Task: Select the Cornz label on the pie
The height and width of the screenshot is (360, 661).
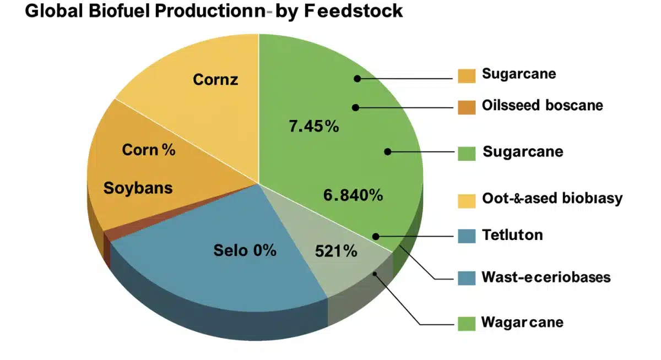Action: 215,80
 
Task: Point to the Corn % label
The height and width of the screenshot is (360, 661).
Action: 148,150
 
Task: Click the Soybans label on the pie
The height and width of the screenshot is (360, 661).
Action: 138,188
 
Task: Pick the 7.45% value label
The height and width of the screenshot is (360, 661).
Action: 313,127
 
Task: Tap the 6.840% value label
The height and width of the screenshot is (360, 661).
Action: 353,195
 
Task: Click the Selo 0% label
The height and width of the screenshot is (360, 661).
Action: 245,250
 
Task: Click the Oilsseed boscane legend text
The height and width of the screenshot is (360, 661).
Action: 542,105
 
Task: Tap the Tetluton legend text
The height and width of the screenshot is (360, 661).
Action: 512,235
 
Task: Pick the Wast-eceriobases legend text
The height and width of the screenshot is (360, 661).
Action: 546,277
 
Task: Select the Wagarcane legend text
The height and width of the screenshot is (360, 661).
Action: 522,321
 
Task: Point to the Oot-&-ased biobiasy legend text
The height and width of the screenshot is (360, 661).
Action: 551,198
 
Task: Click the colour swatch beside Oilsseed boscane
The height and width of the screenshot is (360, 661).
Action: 467,107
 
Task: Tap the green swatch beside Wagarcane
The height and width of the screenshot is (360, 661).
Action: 467,323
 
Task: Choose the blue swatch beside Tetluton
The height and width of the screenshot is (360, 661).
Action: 467,236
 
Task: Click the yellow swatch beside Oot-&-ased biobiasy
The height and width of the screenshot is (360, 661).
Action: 467,200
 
